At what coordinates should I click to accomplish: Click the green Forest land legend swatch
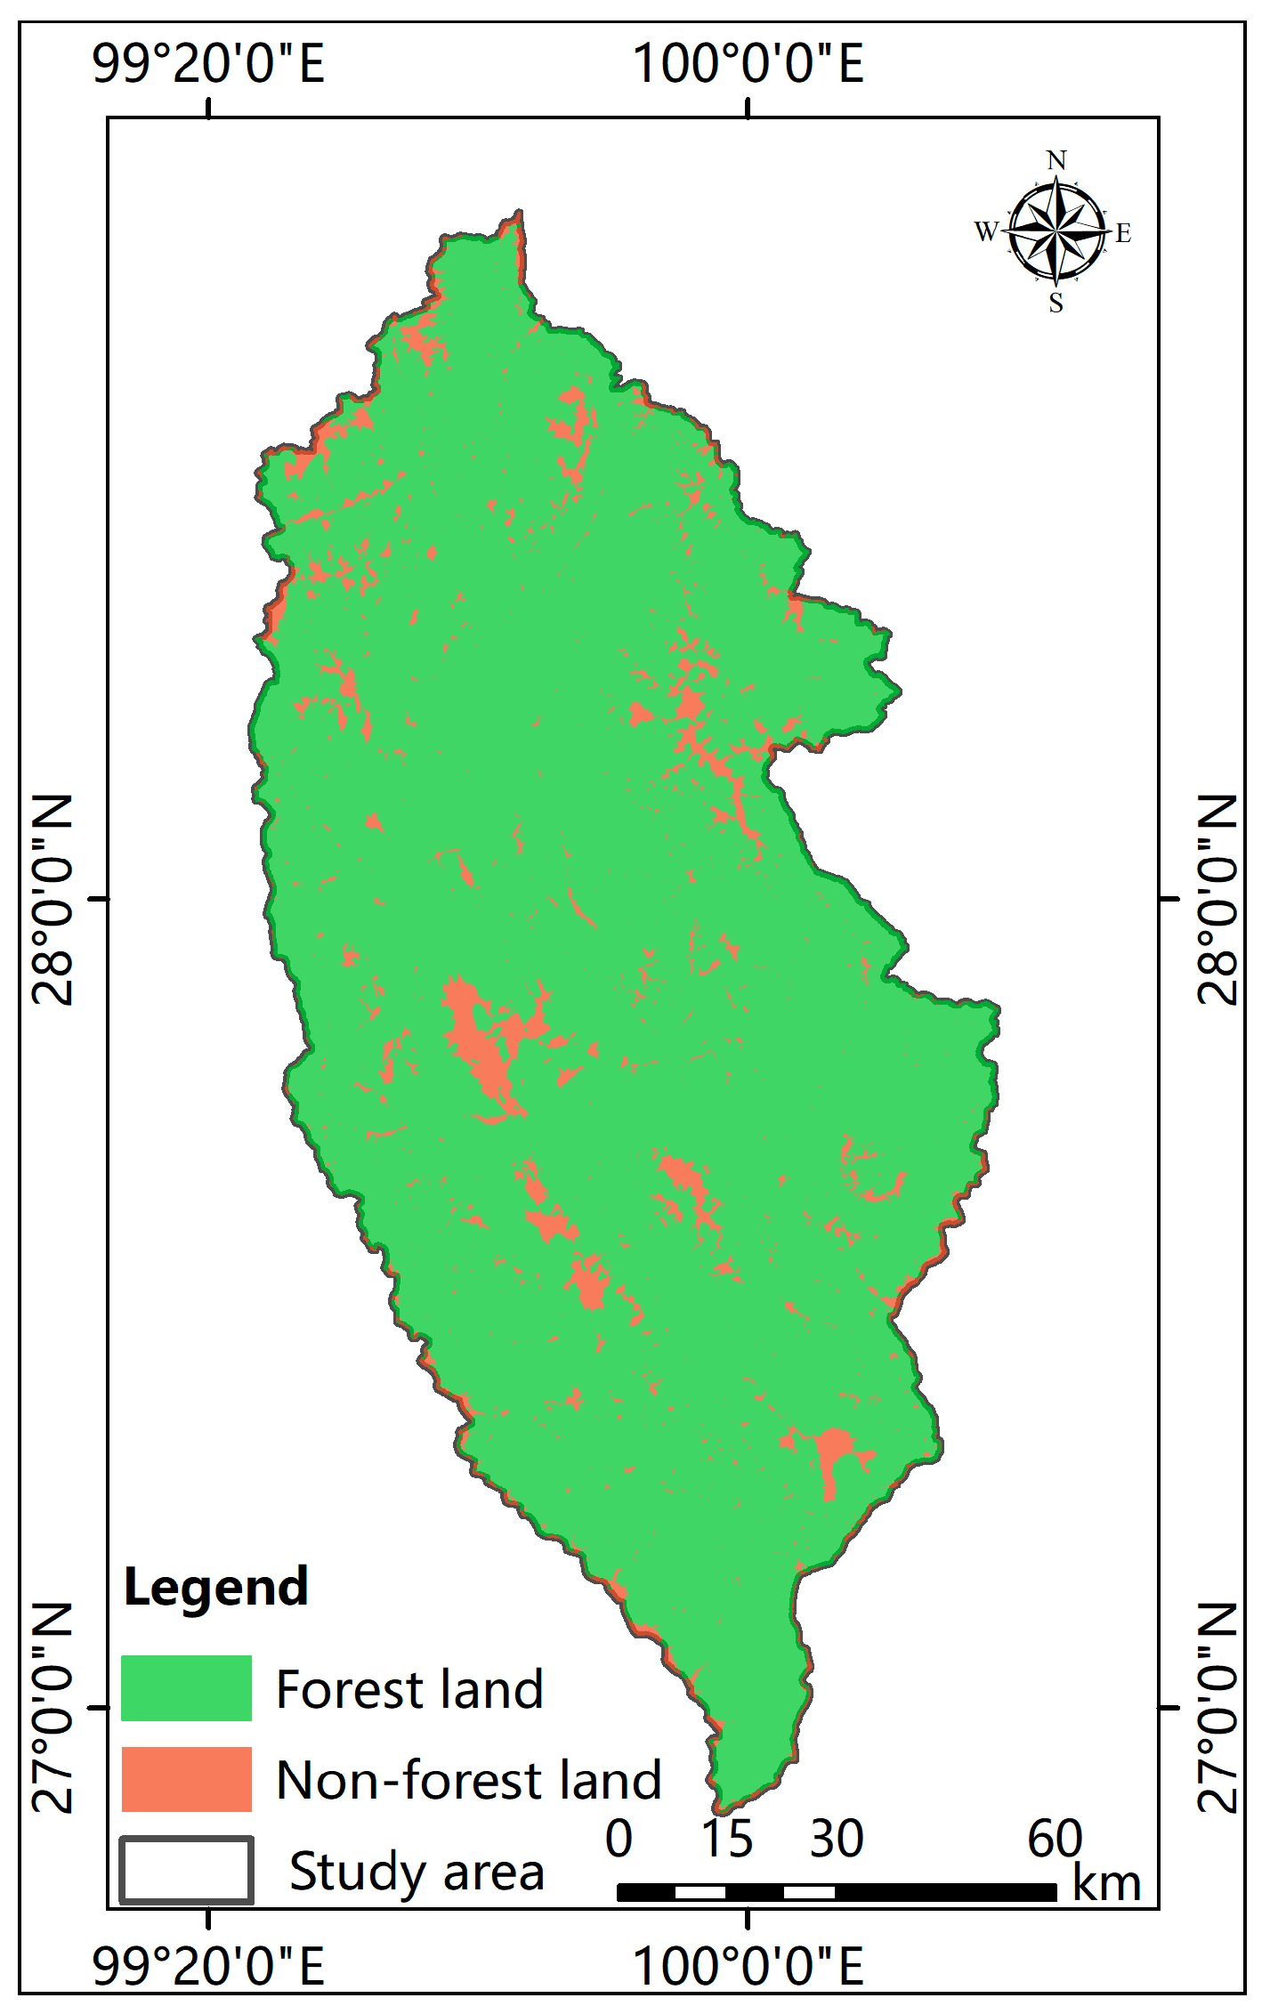tap(186, 1687)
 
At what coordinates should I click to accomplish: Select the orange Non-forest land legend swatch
tap(186, 1779)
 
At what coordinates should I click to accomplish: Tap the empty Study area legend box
tap(186, 1870)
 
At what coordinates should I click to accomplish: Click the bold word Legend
tap(215, 1587)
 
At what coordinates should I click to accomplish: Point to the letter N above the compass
tap(1056, 160)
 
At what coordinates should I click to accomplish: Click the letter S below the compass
tap(1056, 303)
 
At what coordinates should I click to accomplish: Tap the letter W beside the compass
tap(986, 231)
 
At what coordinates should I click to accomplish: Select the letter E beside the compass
tap(1123, 233)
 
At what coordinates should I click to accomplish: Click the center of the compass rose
tap(1056, 231)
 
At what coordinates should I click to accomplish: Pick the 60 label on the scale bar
tap(1055, 1839)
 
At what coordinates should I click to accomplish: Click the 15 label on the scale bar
tap(726, 1839)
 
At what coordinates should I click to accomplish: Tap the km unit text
tap(1106, 1883)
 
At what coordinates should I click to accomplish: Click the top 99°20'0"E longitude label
tap(208, 63)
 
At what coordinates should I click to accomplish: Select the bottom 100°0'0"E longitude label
tap(748, 1966)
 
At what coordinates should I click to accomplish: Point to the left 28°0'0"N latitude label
tap(53, 899)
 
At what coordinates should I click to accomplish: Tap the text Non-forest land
tap(469, 1780)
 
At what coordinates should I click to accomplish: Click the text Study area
tap(417, 1871)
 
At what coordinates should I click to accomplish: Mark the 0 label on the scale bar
tap(619, 1839)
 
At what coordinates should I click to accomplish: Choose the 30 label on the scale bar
tap(836, 1839)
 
